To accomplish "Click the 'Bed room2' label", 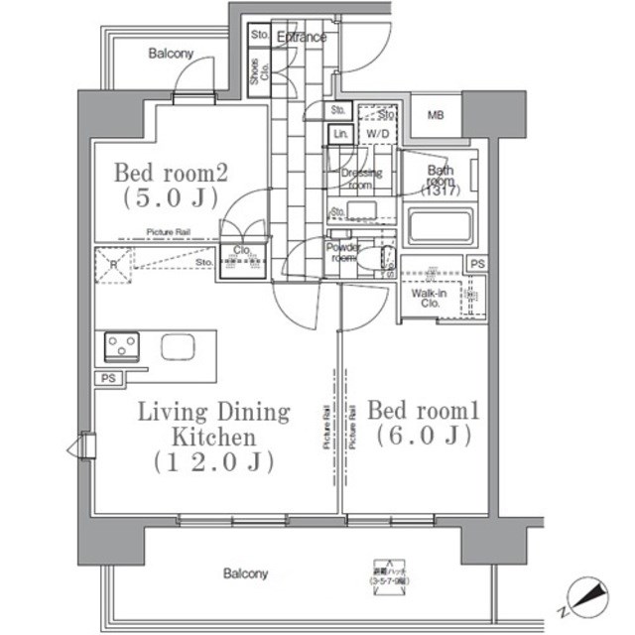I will click(172, 173).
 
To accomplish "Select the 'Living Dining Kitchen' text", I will click(213, 424).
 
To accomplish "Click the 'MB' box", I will click(435, 116).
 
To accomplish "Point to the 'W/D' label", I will click(377, 134).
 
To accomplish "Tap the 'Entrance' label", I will click(302, 38).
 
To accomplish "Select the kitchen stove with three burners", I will click(122, 347).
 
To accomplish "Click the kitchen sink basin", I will click(179, 347).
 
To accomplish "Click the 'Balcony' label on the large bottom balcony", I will click(245, 573).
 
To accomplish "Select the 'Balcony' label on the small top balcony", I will click(171, 54).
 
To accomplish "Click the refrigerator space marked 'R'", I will click(113, 265).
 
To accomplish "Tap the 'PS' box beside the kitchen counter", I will click(106, 378).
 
